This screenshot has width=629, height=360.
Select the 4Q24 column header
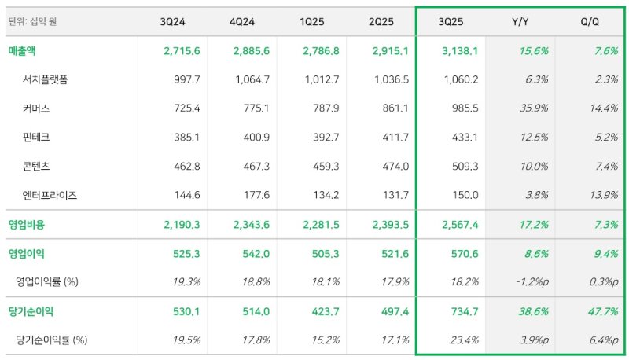click(251, 21)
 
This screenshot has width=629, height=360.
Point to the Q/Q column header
click(589, 21)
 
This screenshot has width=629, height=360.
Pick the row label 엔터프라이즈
click(51, 194)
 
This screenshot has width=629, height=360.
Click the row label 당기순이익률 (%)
click(51, 340)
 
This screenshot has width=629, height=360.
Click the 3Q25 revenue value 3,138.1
click(459, 50)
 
